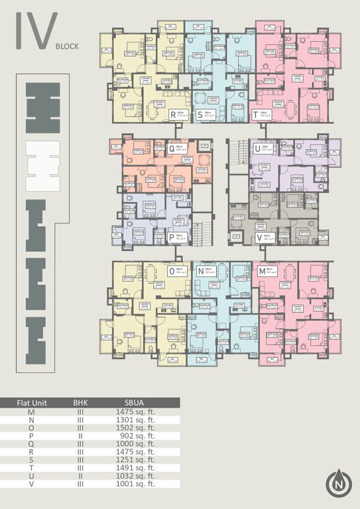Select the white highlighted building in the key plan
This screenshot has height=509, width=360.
pyautogui.click(x=42, y=165)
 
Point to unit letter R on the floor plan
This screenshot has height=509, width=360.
pyautogui.click(x=173, y=115)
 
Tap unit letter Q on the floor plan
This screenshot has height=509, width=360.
pyautogui.click(x=172, y=149)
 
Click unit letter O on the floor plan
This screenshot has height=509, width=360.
pyautogui.click(x=172, y=271)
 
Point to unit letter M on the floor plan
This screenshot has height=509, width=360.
pyautogui.click(x=262, y=271)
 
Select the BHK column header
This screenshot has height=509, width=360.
pyautogui.click(x=80, y=403)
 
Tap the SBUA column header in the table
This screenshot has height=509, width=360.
pyautogui.click(x=135, y=403)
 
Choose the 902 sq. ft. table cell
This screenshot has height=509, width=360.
pyautogui.click(x=135, y=436)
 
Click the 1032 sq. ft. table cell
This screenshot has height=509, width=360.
pyautogui.click(x=135, y=476)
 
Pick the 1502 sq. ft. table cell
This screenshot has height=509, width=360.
pyautogui.click(x=135, y=428)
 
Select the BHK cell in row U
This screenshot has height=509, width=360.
pyautogui.click(x=80, y=476)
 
